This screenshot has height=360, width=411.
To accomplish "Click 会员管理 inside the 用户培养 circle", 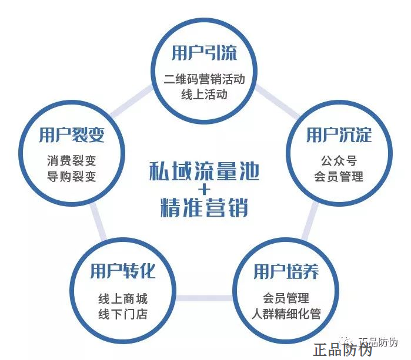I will point(286,298).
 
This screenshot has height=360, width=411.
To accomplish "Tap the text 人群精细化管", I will point(286,314).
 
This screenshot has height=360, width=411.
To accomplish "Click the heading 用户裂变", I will point(72,135).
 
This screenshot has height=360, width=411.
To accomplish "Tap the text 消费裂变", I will point(72,160).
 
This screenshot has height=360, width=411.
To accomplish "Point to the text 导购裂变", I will point(72,176).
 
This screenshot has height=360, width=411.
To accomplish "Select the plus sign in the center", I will point(203,190).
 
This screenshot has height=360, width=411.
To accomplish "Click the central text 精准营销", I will point(203,208).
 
